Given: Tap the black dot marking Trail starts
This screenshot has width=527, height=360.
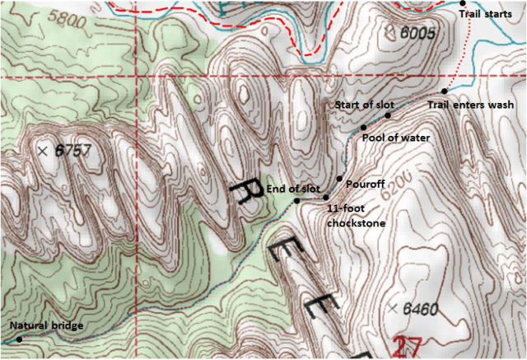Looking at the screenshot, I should [x=463, y=4].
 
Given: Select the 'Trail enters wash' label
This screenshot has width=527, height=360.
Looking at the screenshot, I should [x=471, y=105].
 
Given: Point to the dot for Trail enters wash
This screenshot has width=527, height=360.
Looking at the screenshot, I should [x=444, y=91].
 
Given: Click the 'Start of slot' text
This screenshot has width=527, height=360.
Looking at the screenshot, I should [x=364, y=105].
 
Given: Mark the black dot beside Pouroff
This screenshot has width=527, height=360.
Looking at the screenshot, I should [x=339, y=179].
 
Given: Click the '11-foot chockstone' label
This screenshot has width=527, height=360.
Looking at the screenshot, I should [x=357, y=217].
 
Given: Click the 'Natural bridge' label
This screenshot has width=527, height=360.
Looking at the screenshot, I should [x=46, y=326].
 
